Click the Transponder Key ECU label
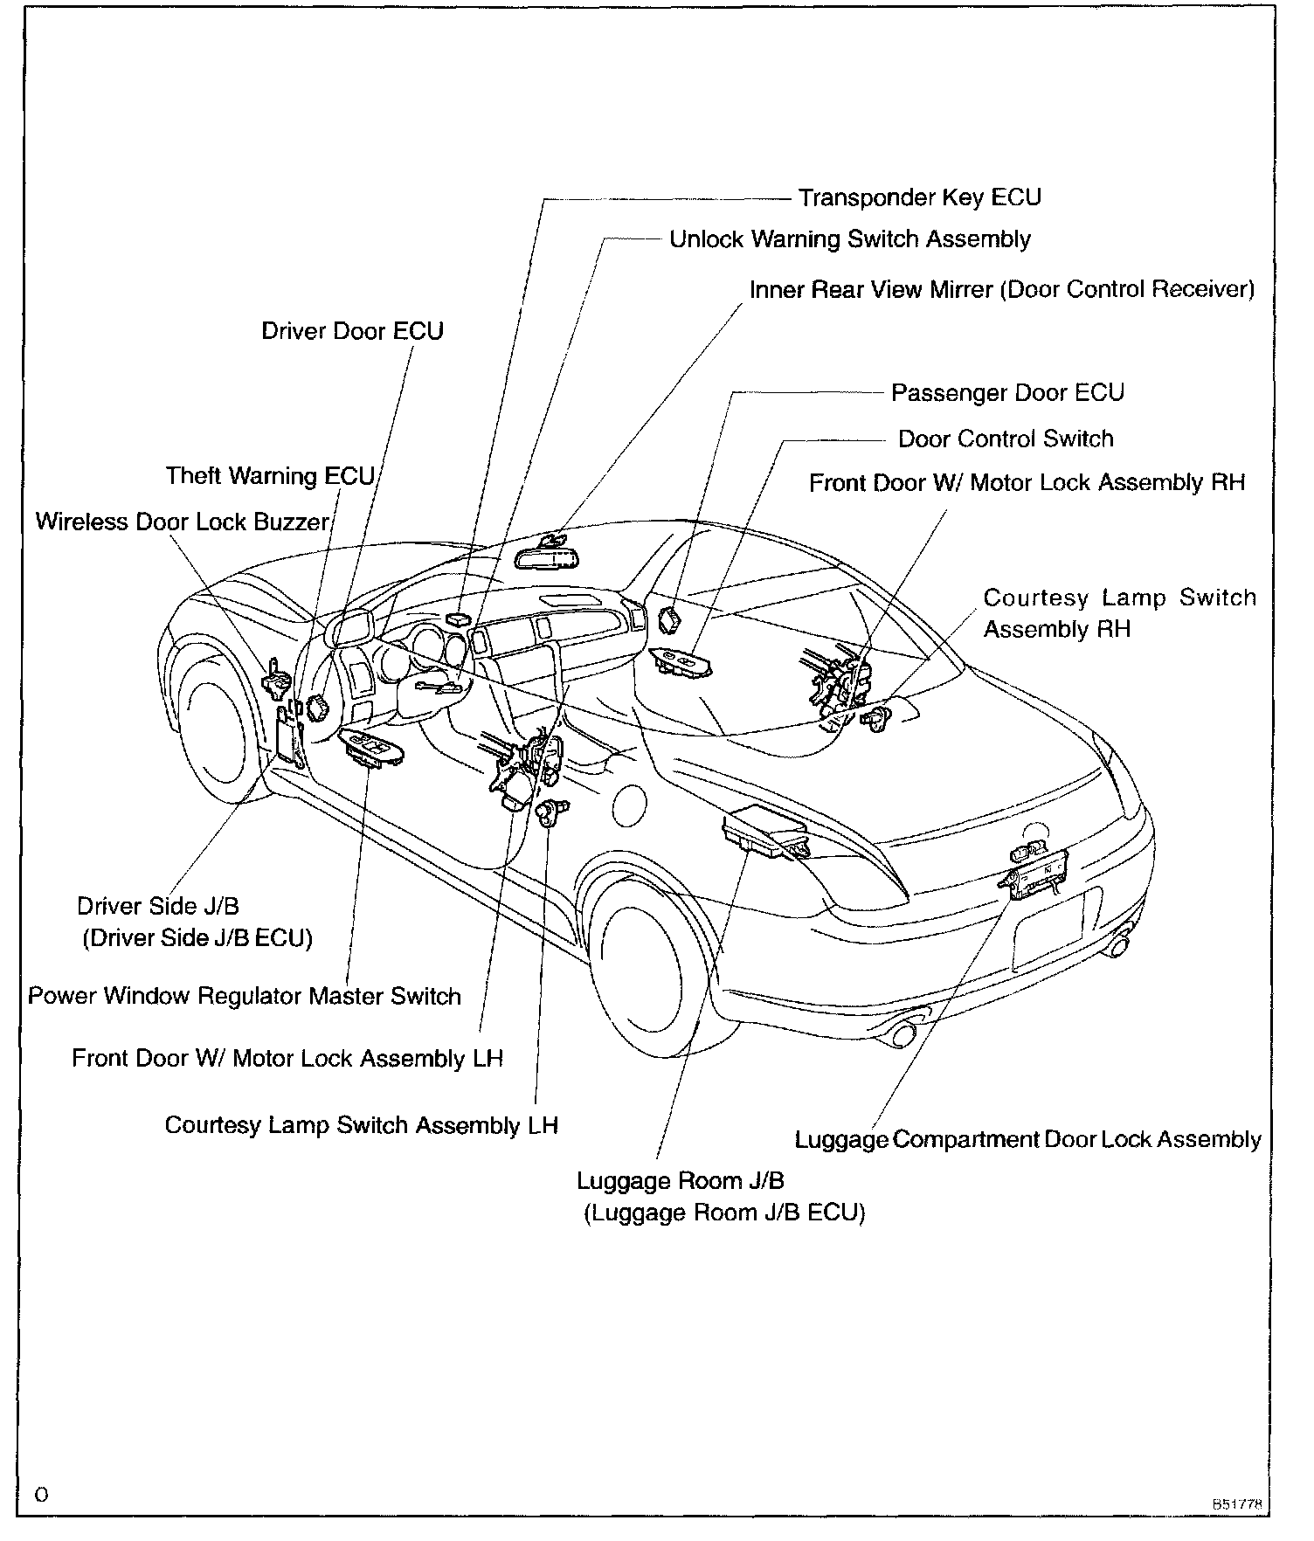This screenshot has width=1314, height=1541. tap(919, 197)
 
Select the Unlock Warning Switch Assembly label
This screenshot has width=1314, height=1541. tap(849, 239)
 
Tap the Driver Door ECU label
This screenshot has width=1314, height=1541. tap(352, 331)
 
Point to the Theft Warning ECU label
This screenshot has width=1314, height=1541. tap(270, 476)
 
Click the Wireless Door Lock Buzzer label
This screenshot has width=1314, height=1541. tap(182, 522)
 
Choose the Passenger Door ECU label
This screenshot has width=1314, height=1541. tap(1006, 393)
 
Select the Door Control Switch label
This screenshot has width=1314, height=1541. tap(1006, 439)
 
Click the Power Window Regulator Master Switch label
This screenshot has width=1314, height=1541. tap(245, 996)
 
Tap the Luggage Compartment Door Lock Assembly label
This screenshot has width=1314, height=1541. tap(1027, 1139)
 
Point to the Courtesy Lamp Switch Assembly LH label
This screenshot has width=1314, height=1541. tap(361, 1124)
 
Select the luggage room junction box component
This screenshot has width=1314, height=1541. tap(764, 830)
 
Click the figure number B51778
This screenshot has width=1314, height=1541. tap(1240, 1504)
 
